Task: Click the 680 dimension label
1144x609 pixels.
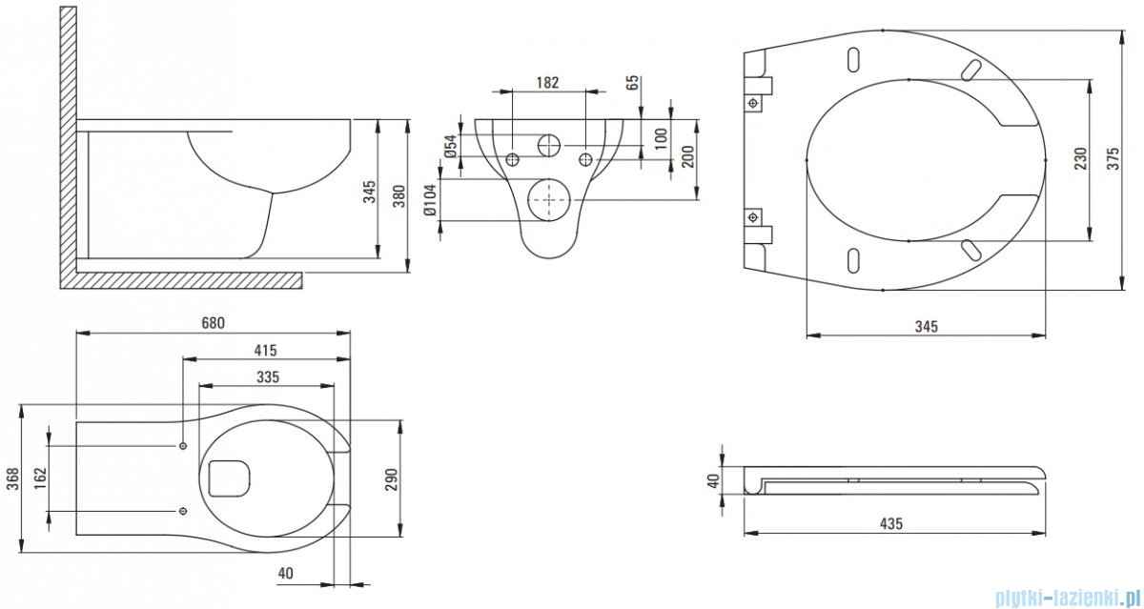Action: point(213,323)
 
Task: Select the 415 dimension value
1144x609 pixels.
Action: point(266,351)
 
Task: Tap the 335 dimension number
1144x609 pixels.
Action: point(268,376)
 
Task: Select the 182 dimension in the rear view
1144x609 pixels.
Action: point(547,83)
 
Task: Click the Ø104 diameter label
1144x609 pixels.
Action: point(431,201)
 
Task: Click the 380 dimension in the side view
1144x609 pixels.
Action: point(399,195)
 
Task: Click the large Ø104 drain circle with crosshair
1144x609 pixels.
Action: point(548,199)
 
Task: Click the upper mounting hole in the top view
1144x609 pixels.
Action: point(182,446)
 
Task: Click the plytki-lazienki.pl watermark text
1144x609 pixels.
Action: point(1068,598)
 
